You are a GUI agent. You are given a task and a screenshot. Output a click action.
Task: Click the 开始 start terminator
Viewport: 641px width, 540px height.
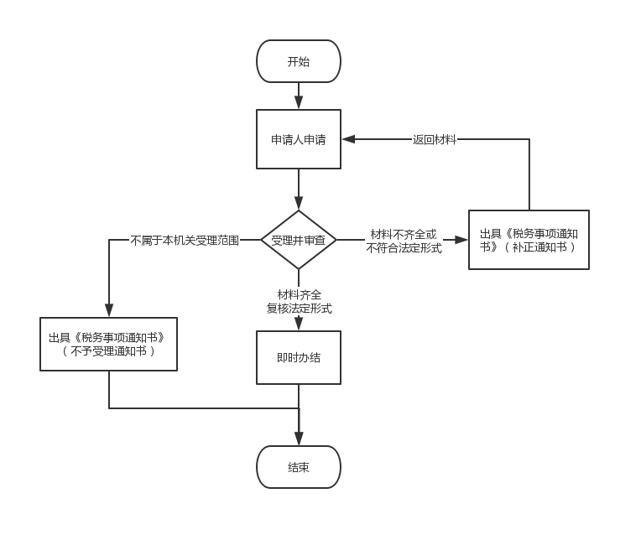299,61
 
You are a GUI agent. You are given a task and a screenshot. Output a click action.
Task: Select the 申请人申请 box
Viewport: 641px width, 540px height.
299,139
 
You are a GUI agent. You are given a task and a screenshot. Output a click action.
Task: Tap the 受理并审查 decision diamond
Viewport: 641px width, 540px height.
299,241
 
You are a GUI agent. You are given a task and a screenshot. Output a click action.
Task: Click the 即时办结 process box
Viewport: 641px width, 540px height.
299,357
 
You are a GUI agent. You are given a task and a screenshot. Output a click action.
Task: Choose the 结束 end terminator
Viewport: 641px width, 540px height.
299,467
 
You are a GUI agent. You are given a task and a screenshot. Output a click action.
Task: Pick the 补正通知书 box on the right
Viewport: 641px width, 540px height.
529,240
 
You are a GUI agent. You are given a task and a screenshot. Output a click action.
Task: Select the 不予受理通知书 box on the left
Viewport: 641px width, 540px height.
108,344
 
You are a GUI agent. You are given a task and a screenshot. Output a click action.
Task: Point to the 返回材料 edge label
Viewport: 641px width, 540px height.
435,140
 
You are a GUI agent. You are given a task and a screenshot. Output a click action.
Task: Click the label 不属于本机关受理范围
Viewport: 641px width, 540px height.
185,241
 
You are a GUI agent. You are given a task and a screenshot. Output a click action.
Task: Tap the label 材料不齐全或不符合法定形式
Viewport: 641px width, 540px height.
404,241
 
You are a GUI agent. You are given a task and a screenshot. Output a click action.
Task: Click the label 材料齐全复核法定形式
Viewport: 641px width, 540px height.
299,301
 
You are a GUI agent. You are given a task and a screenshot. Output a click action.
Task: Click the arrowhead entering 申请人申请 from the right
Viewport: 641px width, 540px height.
347,140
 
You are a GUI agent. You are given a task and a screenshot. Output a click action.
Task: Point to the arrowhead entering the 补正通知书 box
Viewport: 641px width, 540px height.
462,241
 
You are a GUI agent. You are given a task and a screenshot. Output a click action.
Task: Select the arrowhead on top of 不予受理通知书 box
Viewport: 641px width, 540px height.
109,311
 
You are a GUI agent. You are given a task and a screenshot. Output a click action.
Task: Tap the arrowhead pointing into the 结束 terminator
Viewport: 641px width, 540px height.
299,439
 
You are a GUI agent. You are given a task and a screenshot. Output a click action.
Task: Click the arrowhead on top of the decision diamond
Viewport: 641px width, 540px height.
299,204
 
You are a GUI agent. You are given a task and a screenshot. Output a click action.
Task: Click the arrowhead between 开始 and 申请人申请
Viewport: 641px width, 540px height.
299,103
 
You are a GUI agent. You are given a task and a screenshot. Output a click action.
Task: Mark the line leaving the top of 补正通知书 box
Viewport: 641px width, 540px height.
529,176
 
